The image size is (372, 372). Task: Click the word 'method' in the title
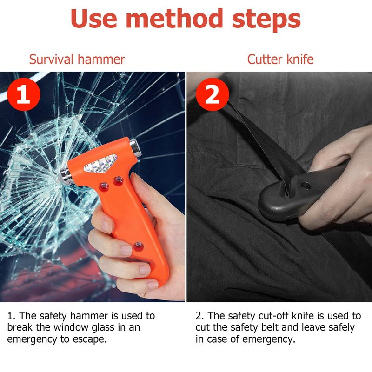click(x=174, y=19)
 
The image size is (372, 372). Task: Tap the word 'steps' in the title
click(x=266, y=20)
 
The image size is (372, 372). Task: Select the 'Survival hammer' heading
click(x=77, y=59)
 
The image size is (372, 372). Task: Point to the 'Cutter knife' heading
click(x=280, y=59)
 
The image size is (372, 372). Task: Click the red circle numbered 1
click(x=24, y=94)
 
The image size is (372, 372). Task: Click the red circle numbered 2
click(x=213, y=94)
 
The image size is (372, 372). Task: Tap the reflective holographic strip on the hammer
click(x=101, y=163)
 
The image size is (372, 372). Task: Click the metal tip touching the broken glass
click(x=64, y=176)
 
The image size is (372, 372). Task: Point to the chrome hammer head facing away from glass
click(x=135, y=147)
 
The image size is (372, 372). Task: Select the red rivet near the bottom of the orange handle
click(x=139, y=246)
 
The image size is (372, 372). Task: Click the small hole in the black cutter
click(x=306, y=186)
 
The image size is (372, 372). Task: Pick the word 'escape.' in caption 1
click(x=89, y=339)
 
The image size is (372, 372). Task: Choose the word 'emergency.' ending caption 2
click(x=269, y=339)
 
